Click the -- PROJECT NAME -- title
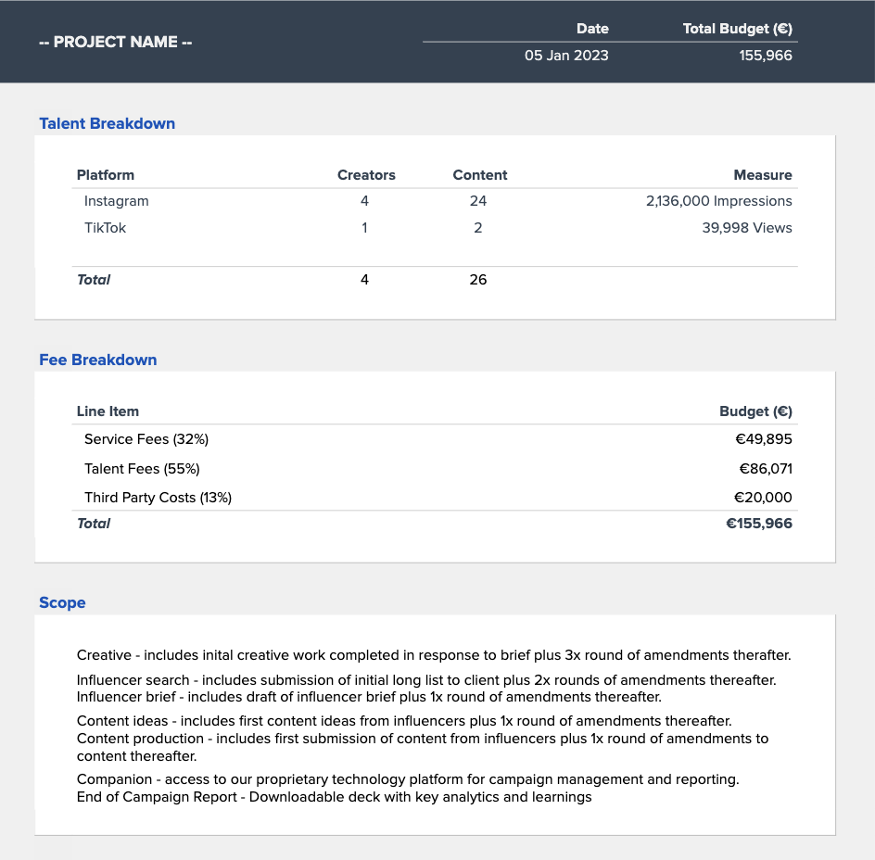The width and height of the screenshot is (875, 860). (x=116, y=43)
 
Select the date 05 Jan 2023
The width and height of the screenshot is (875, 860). (x=566, y=56)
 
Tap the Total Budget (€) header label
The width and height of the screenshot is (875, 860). (x=738, y=29)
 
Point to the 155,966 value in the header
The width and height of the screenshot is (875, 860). (x=766, y=56)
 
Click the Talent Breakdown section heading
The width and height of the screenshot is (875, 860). (x=107, y=123)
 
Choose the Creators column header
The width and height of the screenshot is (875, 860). (x=366, y=175)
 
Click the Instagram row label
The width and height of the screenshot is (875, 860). (x=116, y=201)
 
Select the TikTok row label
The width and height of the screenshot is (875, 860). (x=105, y=228)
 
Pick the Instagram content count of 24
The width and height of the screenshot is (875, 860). (x=478, y=201)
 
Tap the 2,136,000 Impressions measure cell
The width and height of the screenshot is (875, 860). (x=718, y=201)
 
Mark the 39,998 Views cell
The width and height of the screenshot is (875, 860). (x=747, y=228)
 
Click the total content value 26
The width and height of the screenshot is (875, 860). (x=478, y=280)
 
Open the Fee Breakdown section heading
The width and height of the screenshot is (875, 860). (x=97, y=360)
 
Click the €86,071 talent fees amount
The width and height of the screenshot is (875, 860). (x=765, y=469)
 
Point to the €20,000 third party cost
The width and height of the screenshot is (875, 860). (x=763, y=498)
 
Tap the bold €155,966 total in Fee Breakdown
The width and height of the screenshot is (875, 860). (x=758, y=524)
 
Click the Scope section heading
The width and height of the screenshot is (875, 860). (x=62, y=602)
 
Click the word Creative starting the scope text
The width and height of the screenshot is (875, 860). (x=104, y=655)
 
